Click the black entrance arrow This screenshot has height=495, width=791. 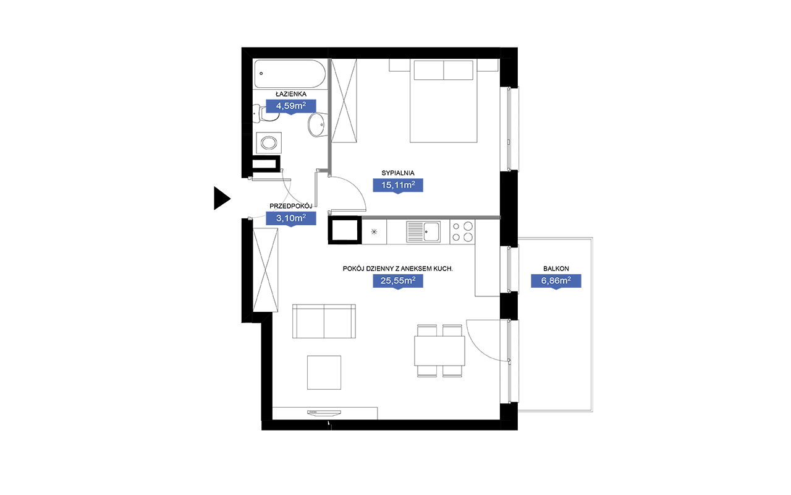pos(221,199)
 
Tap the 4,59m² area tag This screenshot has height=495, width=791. pos(290,106)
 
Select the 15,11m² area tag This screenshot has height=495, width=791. pos(398,185)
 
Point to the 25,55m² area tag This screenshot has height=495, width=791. pos(398,281)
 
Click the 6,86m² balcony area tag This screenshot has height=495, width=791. pos(556,281)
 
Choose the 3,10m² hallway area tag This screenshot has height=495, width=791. pos(290,218)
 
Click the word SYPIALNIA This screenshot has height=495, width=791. pos(398,173)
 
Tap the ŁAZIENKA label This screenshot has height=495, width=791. pos(291,93)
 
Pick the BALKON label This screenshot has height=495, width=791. pos(556,269)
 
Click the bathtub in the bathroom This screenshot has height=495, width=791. pos(290,74)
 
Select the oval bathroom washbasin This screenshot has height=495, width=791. pos(316,124)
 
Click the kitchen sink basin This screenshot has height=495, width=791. pos(431,231)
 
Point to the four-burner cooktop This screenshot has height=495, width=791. pos(462,231)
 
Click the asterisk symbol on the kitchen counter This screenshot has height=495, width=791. pos(374,232)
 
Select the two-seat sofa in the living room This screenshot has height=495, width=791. pos(324,321)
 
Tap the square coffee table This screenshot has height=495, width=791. pos(324,372)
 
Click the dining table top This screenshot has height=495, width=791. pos(439,351)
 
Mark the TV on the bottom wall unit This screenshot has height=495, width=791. pos(324,413)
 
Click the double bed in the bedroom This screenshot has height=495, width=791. pos(444,101)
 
